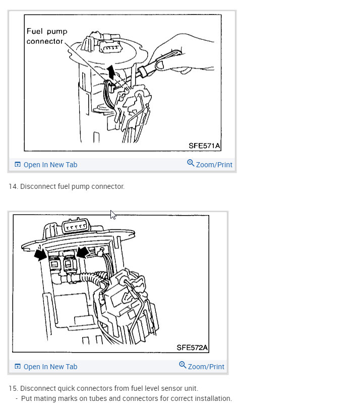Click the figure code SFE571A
pos(204,146)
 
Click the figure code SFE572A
pos(192,348)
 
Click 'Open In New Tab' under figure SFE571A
pos(50,165)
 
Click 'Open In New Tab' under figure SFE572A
pos(50,367)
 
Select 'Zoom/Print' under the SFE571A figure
pos(214,165)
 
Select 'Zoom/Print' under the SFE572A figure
pos(206,367)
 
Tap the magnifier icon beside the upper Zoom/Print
pos(191,163)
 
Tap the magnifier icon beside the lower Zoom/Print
pos(183,365)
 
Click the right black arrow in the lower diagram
pos(82,251)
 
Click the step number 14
pos(13,186)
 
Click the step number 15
pos(13,388)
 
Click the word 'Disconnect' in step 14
pos(37,186)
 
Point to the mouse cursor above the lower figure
pos(113,215)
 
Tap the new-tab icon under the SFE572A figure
pos(18,367)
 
